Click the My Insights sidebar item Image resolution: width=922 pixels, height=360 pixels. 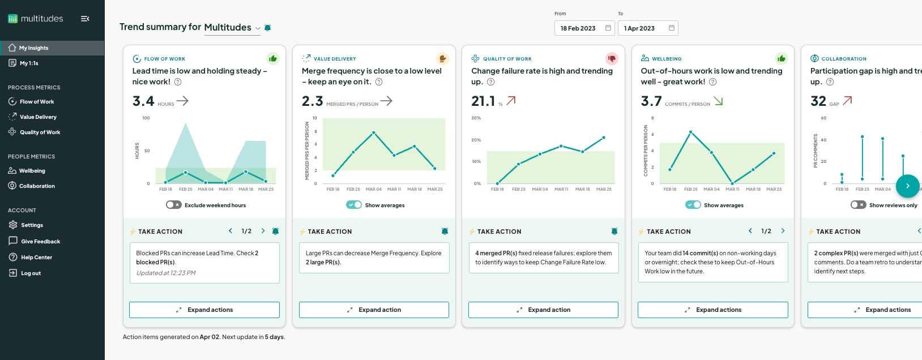[33, 48]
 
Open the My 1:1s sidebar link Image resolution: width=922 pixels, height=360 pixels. [29, 63]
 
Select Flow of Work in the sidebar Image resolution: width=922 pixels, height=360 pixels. [37, 102]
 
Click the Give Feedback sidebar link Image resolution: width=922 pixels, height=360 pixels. [40, 242]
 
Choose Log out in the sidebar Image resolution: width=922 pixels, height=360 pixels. [31, 273]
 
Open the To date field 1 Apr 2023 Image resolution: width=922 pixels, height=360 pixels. [647, 28]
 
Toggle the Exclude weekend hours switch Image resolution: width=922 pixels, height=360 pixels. [173, 205]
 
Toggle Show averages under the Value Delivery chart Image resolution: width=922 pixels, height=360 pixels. [354, 205]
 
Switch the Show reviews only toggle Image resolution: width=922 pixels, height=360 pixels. [858, 205]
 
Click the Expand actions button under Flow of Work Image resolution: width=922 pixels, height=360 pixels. [204, 310]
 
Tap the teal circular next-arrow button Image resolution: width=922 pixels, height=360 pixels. [907, 186]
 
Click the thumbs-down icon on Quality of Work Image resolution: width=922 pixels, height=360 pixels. [612, 58]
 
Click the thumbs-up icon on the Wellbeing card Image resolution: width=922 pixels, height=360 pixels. [782, 58]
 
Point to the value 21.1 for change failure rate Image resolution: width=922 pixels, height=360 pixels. [483, 101]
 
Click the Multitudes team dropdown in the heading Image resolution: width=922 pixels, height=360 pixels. [232, 28]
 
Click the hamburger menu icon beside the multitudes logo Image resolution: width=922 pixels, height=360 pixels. [85, 19]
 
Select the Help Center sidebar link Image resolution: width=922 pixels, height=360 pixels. [36, 258]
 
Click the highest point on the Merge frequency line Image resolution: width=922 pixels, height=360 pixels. [374, 132]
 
